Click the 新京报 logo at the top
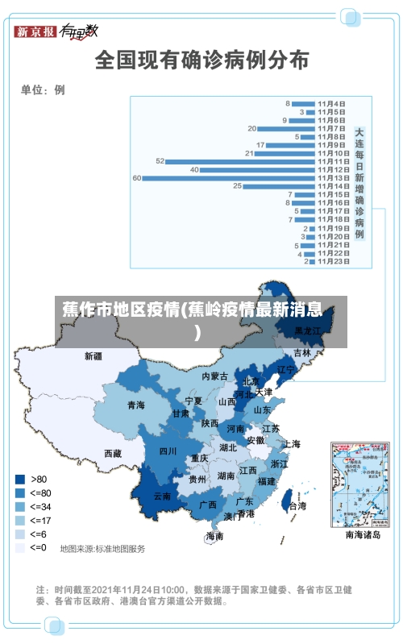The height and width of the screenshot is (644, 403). click(36, 31)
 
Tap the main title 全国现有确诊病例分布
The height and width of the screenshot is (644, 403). click(201, 60)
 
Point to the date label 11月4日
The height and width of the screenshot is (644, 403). click(331, 103)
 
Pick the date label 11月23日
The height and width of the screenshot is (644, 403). click(332, 261)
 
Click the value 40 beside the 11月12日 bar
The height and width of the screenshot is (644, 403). click(194, 169)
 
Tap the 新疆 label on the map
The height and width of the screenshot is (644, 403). click(93, 355)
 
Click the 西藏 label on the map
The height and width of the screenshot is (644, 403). click(113, 454)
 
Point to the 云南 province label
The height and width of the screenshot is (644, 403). click(162, 497)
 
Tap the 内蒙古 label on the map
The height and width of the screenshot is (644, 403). click(214, 376)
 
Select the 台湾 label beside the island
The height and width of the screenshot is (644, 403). click(297, 506)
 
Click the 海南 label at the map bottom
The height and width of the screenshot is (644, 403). click(214, 536)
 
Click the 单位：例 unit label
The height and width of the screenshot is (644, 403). click(43, 89)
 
